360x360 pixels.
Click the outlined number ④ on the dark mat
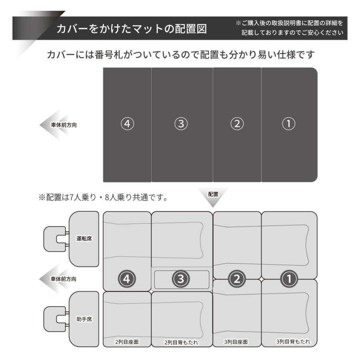tap(127, 124)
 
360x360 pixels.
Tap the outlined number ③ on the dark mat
tap(181, 124)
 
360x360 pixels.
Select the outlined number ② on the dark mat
tap(237, 124)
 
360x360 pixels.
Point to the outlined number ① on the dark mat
tap(288, 124)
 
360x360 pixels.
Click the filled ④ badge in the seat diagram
tap(127, 279)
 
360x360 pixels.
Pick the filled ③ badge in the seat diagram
tap(181, 279)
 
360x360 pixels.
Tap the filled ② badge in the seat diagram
tap(237, 279)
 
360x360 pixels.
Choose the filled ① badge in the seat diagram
tap(289, 279)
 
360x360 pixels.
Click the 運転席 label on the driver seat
tap(84, 238)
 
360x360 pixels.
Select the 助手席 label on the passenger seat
tap(84, 319)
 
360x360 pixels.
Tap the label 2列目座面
tap(127, 342)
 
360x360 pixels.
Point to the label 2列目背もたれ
tap(181, 342)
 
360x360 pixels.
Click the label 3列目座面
tap(236, 342)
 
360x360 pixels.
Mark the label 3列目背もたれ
tap(293, 342)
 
